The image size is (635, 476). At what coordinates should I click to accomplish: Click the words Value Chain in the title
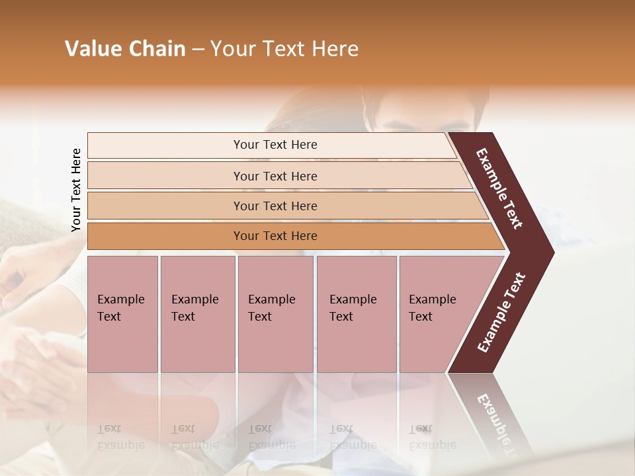point(125,49)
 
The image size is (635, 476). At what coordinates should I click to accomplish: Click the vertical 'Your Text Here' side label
point(76,190)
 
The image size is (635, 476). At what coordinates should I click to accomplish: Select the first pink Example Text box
point(122,314)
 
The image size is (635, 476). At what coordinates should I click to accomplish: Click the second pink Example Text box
point(197,314)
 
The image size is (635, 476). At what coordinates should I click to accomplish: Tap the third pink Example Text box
point(275,314)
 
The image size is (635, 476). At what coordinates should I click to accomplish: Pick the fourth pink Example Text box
point(356,314)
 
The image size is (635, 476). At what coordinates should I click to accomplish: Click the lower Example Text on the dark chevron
point(501,312)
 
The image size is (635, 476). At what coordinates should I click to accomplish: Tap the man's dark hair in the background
point(423,99)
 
